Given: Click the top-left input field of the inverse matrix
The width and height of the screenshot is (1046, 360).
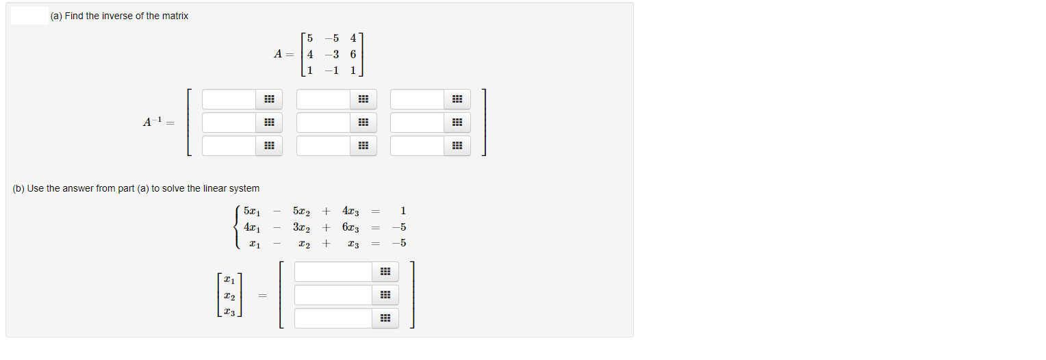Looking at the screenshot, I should [229, 100].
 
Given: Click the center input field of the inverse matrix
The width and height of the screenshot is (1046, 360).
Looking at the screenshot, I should [323, 123].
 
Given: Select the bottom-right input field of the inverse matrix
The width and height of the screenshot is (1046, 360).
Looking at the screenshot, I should [417, 146].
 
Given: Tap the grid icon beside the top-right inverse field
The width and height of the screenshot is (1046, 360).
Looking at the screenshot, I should [457, 100].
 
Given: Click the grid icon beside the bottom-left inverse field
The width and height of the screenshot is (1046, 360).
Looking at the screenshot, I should [269, 146].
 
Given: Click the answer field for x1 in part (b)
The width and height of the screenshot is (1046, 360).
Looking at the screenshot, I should [333, 272].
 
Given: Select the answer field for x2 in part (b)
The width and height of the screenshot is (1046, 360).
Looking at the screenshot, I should [333, 296].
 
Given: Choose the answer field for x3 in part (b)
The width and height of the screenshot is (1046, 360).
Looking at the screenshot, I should [333, 319].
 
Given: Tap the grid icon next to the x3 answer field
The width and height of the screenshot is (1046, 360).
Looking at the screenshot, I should [385, 319].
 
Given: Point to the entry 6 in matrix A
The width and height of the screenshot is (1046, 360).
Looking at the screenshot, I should [353, 54].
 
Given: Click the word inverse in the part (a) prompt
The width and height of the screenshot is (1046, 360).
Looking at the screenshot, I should [118, 16].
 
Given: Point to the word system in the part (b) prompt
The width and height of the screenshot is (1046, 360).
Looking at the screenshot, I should [245, 188].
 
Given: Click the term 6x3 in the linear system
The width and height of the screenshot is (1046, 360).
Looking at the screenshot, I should [350, 227].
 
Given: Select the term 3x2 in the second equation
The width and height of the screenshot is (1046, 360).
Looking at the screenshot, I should [301, 227].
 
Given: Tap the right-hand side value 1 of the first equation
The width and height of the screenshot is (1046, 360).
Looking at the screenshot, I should [403, 211].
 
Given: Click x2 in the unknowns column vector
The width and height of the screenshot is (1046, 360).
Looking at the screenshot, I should [229, 296].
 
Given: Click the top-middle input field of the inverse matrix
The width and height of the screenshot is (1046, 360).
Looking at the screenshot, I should [323, 100].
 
